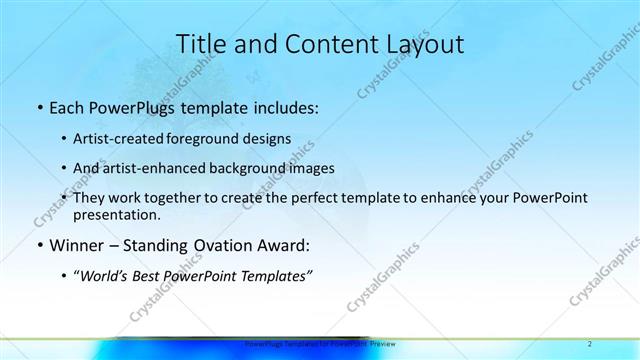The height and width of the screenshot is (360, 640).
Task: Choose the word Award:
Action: [x=283, y=245]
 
